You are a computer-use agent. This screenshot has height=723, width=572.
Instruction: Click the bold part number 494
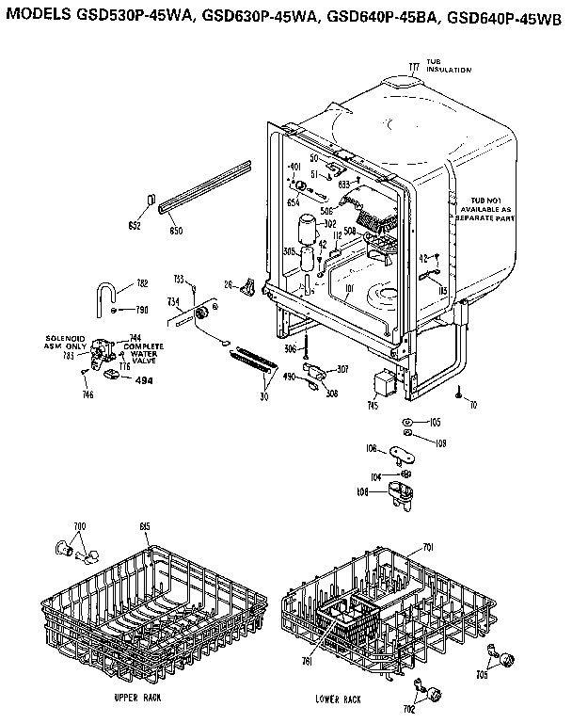click(144, 380)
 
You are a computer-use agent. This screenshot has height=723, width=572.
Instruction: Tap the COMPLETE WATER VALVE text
click(143, 351)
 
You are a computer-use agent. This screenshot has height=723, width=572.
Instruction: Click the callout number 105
click(435, 422)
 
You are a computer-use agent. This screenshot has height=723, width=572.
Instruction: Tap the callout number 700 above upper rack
click(79, 523)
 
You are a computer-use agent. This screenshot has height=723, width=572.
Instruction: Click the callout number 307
click(342, 368)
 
